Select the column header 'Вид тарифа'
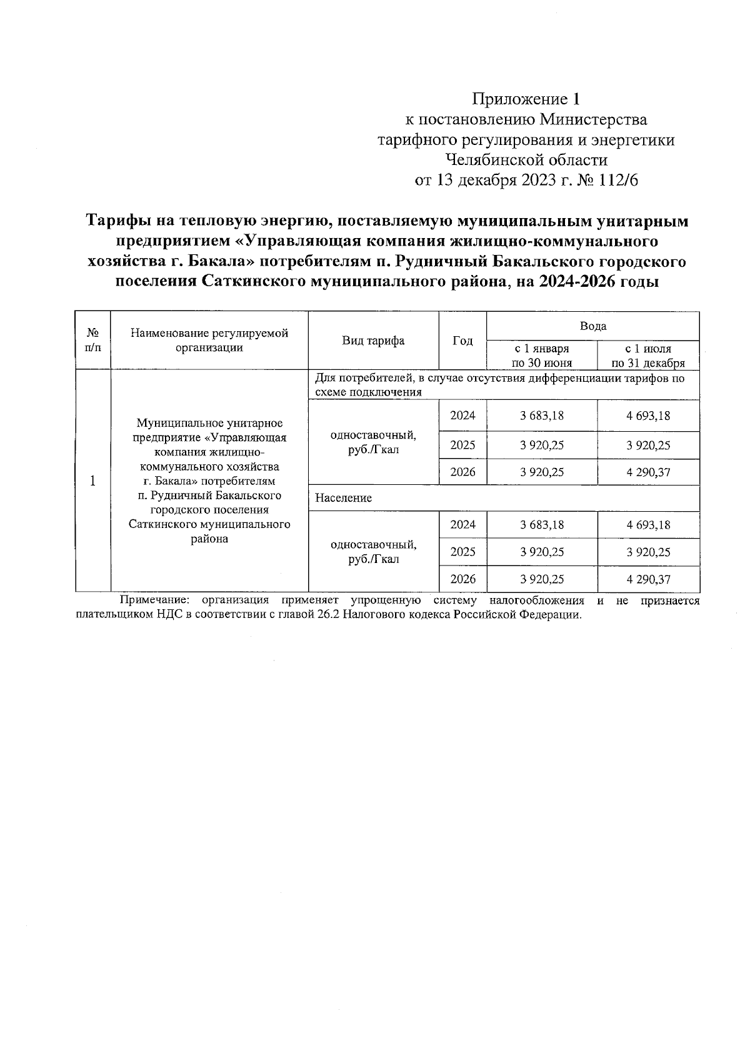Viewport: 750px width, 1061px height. pos(373,341)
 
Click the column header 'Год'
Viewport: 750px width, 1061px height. pos(462,341)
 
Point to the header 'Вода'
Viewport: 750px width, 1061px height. pos(592,326)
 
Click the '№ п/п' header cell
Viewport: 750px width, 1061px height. pos(93,341)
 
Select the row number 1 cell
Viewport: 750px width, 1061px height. pos(93,481)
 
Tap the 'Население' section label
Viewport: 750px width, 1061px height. pos(343,498)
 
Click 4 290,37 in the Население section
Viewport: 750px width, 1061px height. pos(648,579)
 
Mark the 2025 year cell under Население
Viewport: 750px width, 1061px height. pos(462,552)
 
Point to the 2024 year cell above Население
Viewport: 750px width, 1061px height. pos(462,416)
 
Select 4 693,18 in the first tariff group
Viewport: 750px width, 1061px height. pos(648,416)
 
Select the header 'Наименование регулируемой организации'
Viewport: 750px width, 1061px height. pos(209,341)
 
